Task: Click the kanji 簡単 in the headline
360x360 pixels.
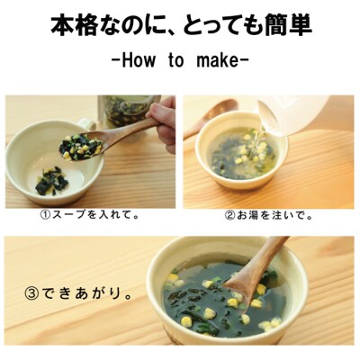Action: tap(289, 25)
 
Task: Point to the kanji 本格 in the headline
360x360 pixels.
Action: tap(74, 25)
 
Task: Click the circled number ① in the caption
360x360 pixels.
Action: tap(45, 215)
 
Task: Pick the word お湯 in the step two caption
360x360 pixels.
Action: tap(247, 216)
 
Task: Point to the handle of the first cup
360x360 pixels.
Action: tap(85, 122)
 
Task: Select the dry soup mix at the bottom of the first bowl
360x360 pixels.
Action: tap(53, 182)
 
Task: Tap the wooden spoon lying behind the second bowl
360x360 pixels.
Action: tap(210, 115)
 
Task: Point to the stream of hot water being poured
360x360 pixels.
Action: tap(255, 146)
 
